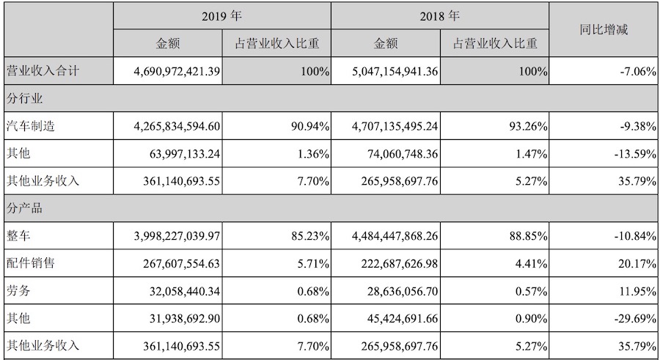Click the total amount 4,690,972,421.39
(168, 72)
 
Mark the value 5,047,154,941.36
(385, 72)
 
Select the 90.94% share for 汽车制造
(309, 126)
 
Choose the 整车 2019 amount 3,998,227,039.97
(168, 236)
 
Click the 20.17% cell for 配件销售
(635, 263)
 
